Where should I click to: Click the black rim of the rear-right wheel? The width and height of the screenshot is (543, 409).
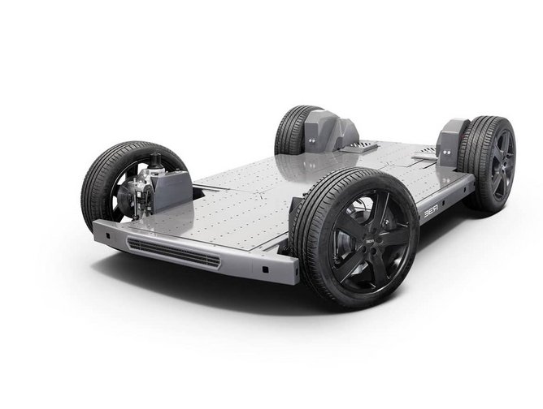[500, 162]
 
